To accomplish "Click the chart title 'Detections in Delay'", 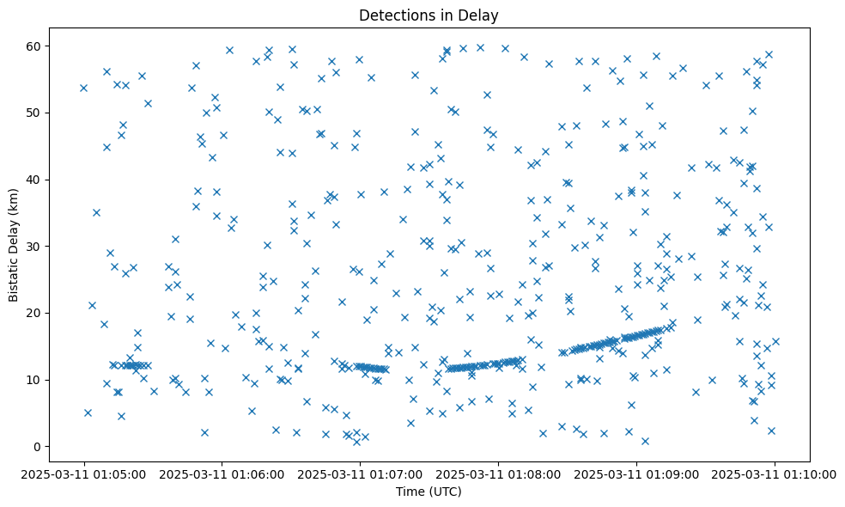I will pos(429,15).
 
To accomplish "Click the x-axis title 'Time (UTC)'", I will pos(429,492).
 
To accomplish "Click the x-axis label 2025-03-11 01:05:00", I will pos(83,473).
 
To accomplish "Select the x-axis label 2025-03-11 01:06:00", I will pos(222,473).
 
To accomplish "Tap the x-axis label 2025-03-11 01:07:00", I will pos(360,473).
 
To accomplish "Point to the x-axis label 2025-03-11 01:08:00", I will pos(498,473).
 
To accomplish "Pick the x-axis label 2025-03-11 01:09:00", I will pos(636,473).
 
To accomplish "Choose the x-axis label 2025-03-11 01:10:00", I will pos(775,473).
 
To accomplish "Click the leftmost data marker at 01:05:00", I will pos(83,88).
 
